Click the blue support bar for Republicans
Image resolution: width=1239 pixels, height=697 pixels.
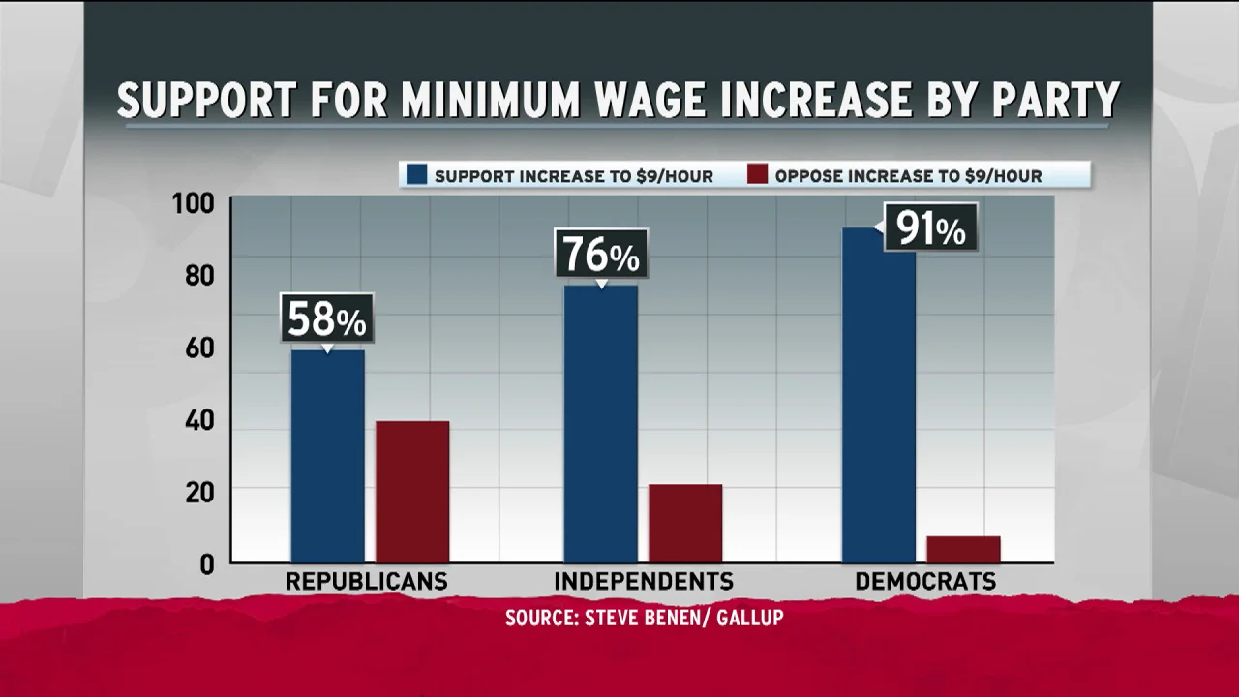pos(327,455)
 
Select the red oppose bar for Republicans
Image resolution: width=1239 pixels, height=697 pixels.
pos(412,491)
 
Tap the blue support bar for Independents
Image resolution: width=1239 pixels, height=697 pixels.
pos(600,423)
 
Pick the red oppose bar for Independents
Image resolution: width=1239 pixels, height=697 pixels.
pos(685,523)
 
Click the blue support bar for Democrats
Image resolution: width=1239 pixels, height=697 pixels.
pos(878,395)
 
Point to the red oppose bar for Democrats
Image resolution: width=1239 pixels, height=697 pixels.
pos(963,549)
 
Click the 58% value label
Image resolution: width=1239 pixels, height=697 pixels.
pos(327,318)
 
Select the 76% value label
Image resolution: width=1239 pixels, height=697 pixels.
pos(600,254)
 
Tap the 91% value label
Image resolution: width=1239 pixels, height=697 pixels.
pos(930,228)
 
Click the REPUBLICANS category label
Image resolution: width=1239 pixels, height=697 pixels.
pos(366,582)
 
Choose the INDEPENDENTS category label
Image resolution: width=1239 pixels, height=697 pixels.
pos(644,582)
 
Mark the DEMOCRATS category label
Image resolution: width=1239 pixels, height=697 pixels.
pos(925,582)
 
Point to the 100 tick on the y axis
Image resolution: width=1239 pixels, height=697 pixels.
pos(193,204)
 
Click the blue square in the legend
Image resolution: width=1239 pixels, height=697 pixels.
pos(416,175)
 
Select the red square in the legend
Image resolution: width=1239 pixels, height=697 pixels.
pos(757,175)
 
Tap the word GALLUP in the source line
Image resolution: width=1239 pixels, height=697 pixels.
pos(749,618)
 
